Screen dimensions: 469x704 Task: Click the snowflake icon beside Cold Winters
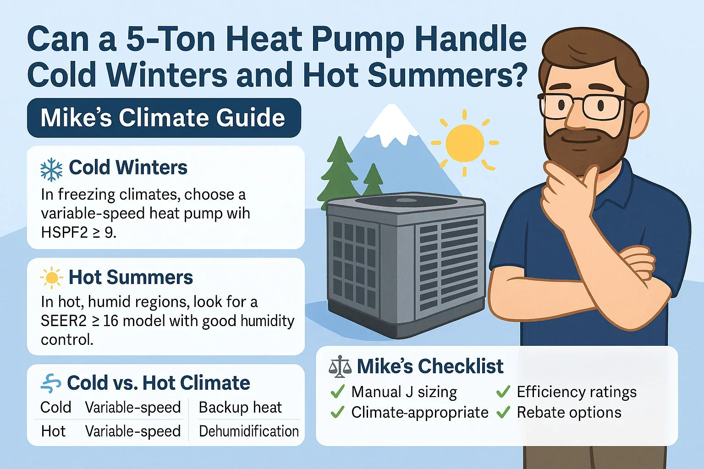pyautogui.click(x=51, y=169)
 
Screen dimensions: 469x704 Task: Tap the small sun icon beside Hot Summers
pyautogui.click(x=51, y=278)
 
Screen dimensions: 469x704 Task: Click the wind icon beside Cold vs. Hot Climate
pyautogui.click(x=50, y=383)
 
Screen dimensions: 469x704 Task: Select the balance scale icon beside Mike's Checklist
pyautogui.click(x=340, y=367)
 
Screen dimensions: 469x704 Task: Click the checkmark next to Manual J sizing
pyautogui.click(x=338, y=392)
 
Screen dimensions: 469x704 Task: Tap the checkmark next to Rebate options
pyautogui.click(x=503, y=412)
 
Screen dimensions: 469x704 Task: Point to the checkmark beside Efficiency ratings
pyautogui.click(x=503, y=392)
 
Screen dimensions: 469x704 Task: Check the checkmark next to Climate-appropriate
pyautogui.click(x=338, y=412)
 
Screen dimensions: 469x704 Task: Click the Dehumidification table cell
pyautogui.click(x=248, y=431)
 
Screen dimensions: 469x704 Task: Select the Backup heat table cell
pyautogui.click(x=240, y=407)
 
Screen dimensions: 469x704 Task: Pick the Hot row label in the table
pyautogui.click(x=53, y=431)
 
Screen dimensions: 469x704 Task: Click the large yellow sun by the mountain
pyautogui.click(x=465, y=142)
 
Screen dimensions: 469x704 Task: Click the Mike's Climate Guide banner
pyautogui.click(x=164, y=118)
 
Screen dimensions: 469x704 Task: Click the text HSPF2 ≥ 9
pyautogui.click(x=78, y=233)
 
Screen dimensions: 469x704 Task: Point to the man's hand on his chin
pyautogui.click(x=566, y=192)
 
